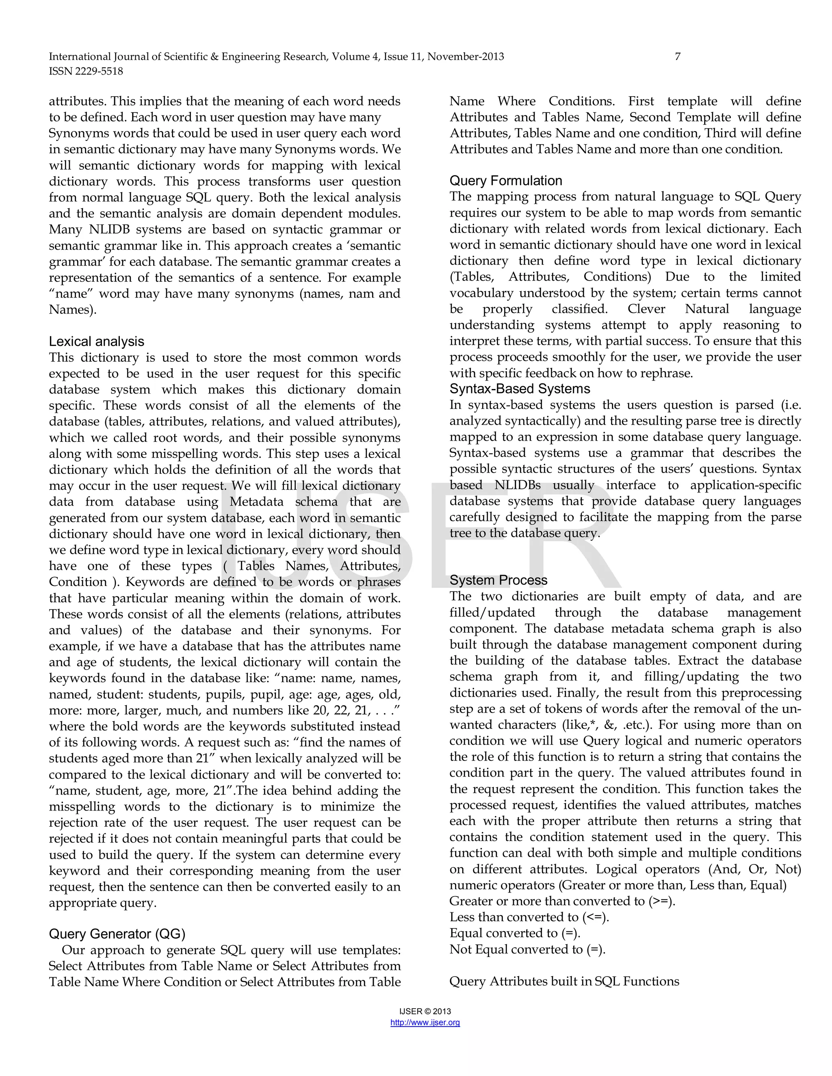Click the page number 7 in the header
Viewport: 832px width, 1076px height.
(677, 57)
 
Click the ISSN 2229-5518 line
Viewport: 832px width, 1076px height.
(86, 71)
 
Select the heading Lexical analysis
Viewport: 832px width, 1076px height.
(97, 341)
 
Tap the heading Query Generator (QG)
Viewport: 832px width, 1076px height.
(117, 934)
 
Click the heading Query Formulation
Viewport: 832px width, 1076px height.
(506, 181)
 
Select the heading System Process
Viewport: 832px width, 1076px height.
(498, 580)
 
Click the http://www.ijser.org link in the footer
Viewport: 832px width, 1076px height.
(425, 1022)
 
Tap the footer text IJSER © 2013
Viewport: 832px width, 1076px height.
(425, 1011)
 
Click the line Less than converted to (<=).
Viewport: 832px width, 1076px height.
(529, 917)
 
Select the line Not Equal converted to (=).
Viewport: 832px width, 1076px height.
(527, 949)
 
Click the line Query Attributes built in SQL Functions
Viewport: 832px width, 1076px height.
(564, 981)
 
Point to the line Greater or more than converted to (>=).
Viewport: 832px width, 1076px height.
(562, 901)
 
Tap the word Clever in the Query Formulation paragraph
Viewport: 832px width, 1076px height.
(646, 309)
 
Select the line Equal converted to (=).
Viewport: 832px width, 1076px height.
(515, 933)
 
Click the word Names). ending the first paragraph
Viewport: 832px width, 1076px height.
(72, 310)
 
